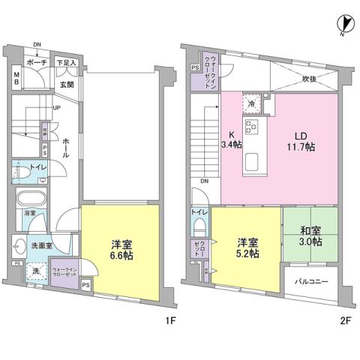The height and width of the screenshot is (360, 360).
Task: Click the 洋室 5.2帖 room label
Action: point(247,248)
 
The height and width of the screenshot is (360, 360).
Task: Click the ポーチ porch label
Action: point(37,62)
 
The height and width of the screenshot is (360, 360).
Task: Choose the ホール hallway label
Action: point(66,146)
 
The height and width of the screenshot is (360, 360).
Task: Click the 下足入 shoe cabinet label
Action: point(68,63)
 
